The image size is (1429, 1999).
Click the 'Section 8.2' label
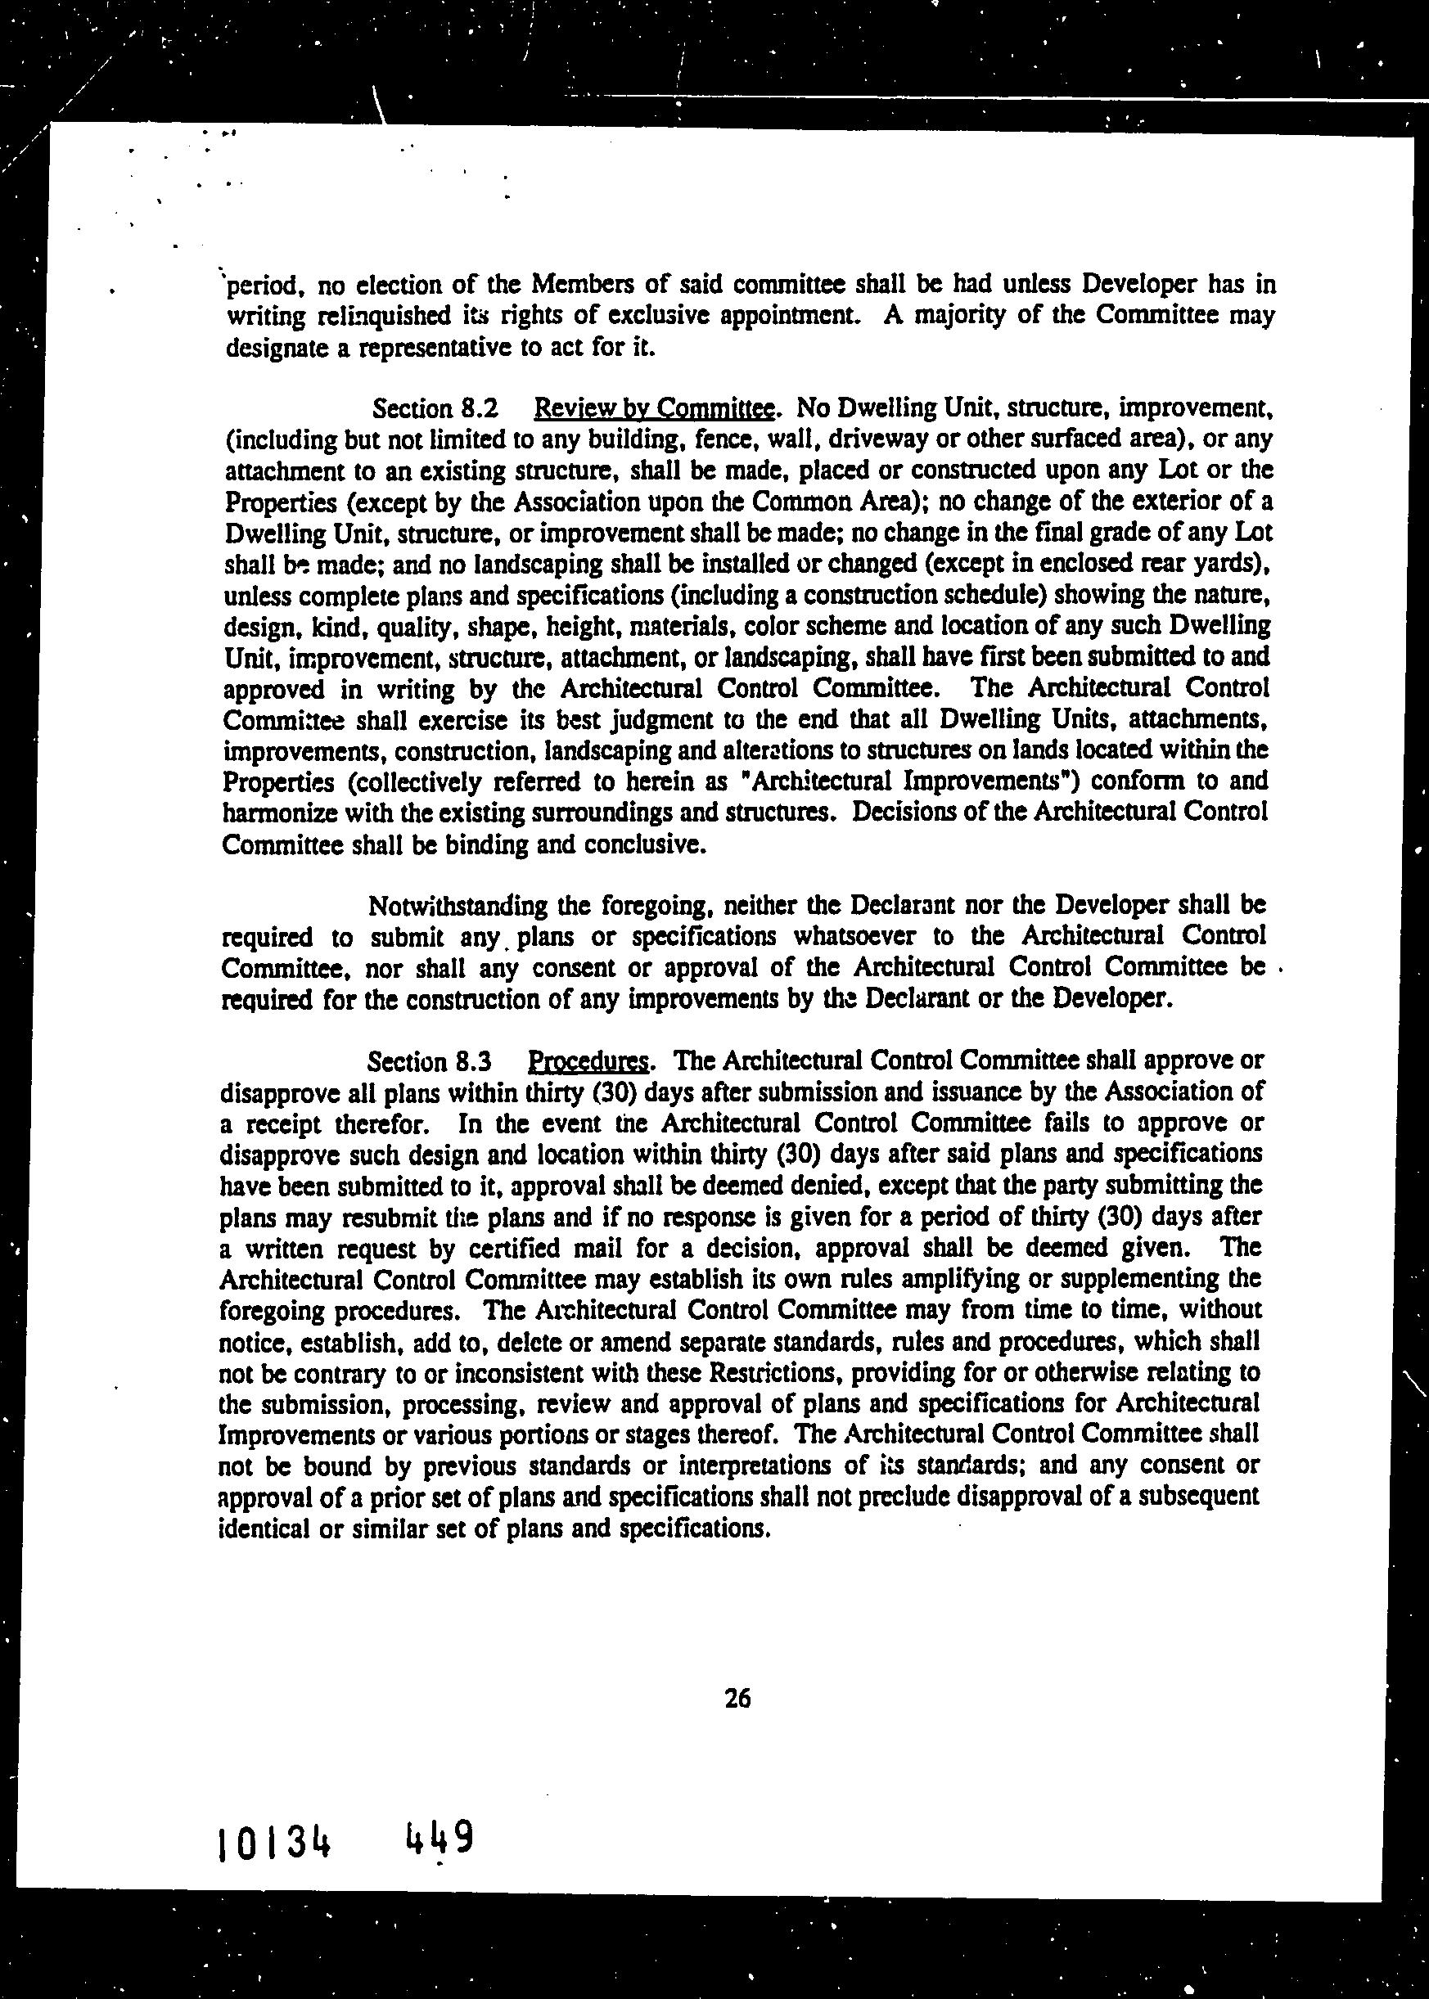(x=435, y=408)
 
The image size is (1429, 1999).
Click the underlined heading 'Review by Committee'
(x=655, y=408)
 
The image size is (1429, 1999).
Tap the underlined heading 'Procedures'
(x=588, y=1061)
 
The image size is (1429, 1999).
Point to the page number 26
(x=737, y=1698)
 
